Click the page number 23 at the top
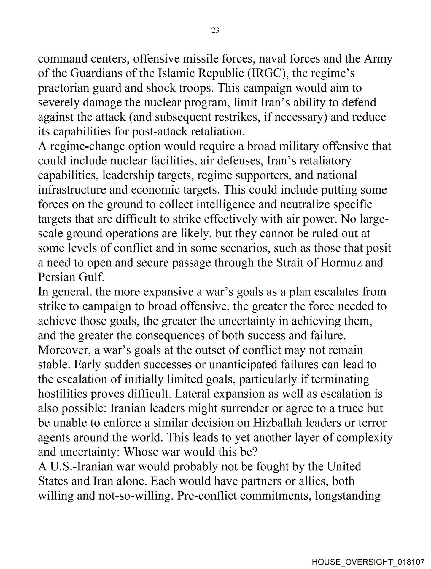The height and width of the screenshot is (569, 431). click(x=215, y=30)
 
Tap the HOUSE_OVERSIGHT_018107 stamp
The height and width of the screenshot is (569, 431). click(x=368, y=561)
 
